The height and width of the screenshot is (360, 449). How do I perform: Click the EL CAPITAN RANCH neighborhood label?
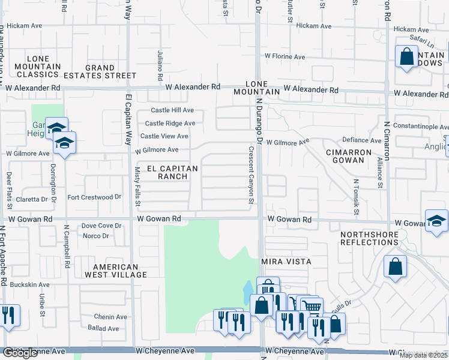click(169, 173)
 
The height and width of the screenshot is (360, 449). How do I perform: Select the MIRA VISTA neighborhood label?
click(286, 262)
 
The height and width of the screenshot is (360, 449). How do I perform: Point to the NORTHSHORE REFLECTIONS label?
click(369, 238)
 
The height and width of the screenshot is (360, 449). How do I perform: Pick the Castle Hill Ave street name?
click(172, 110)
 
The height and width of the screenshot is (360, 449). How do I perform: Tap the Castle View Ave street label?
click(164, 136)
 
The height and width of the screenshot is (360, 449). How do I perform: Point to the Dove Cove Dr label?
click(101, 226)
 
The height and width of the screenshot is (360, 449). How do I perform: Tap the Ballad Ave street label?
click(103, 329)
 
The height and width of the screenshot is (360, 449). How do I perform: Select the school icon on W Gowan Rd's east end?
click(436, 220)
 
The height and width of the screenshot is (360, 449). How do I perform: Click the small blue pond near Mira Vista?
click(248, 293)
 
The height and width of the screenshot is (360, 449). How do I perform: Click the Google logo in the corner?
click(20, 353)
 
